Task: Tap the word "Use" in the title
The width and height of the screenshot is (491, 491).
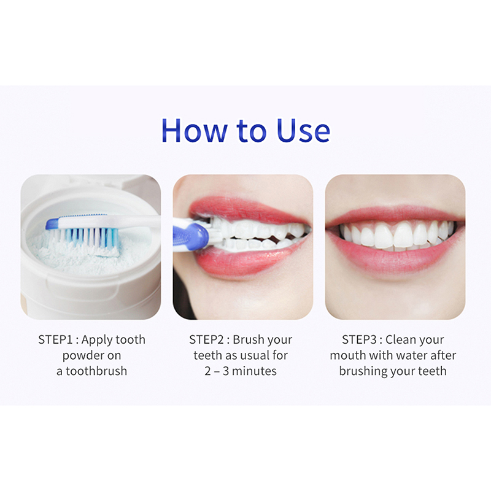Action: [x=303, y=130]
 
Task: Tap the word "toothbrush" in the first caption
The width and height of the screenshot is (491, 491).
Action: [x=96, y=371]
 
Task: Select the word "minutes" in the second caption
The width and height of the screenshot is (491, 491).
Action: [x=254, y=371]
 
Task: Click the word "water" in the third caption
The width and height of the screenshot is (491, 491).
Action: [x=412, y=356]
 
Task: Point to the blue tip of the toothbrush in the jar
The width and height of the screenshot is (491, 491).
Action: [x=52, y=223]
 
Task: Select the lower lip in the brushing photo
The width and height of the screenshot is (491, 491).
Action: [x=247, y=257]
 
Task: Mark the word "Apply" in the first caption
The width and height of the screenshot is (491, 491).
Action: [x=96, y=341]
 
